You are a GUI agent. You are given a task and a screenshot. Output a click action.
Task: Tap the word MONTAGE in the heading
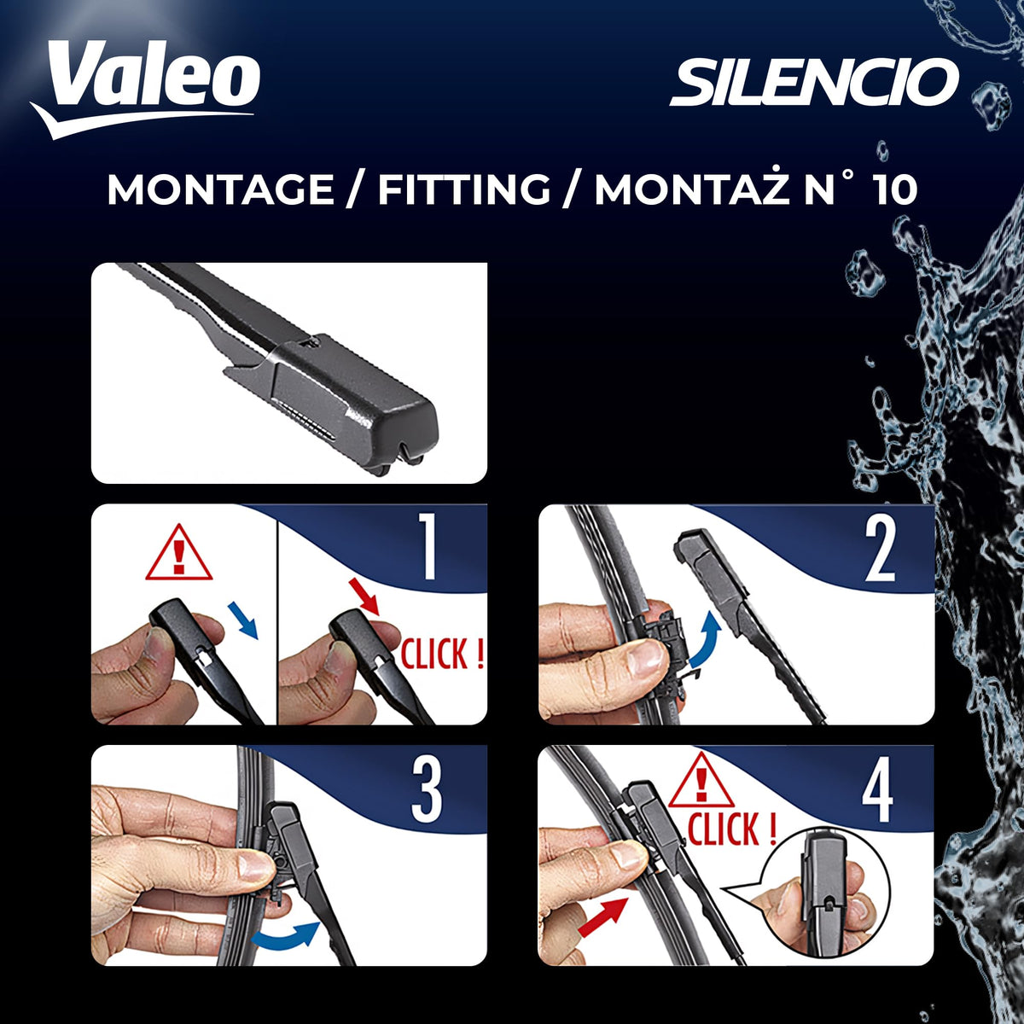point(220,189)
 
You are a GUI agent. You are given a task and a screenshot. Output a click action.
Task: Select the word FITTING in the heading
point(464,189)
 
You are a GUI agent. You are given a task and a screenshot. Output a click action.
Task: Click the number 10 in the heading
point(896,189)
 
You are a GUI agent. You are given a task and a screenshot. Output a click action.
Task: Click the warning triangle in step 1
point(179,553)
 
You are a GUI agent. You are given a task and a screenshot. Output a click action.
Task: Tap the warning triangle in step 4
point(702,780)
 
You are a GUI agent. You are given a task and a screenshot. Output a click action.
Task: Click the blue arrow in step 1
point(242,620)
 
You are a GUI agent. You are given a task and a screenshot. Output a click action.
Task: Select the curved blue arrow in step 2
point(705,639)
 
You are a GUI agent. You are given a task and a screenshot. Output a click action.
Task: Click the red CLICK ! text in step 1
point(442,654)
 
